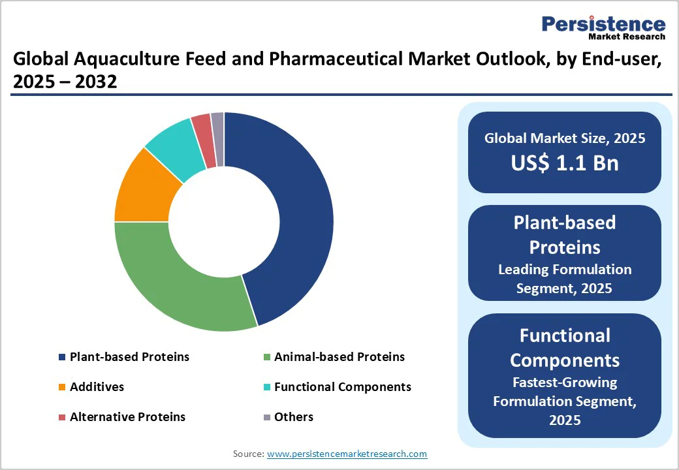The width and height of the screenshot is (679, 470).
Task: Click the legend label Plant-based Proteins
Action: [x=129, y=356]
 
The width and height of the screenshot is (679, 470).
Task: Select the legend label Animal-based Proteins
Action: [x=339, y=356]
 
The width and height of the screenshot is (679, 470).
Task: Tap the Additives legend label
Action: [x=97, y=386]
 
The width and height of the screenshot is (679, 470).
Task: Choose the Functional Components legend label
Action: [x=343, y=386]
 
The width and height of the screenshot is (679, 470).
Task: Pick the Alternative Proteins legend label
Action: [x=127, y=416]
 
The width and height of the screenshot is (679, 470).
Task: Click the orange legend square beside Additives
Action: [x=62, y=387]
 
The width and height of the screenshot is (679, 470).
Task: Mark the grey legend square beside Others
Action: [x=266, y=417]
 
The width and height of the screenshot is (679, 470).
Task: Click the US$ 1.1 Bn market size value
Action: [x=565, y=163]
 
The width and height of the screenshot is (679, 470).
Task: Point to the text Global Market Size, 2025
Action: [x=565, y=138]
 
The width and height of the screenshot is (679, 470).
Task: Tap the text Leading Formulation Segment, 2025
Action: [x=565, y=278]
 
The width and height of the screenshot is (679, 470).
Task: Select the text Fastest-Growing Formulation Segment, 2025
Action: [x=565, y=401]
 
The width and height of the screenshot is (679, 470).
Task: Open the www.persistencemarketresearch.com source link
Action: [x=347, y=453]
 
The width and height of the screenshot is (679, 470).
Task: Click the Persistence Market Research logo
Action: [x=603, y=29]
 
